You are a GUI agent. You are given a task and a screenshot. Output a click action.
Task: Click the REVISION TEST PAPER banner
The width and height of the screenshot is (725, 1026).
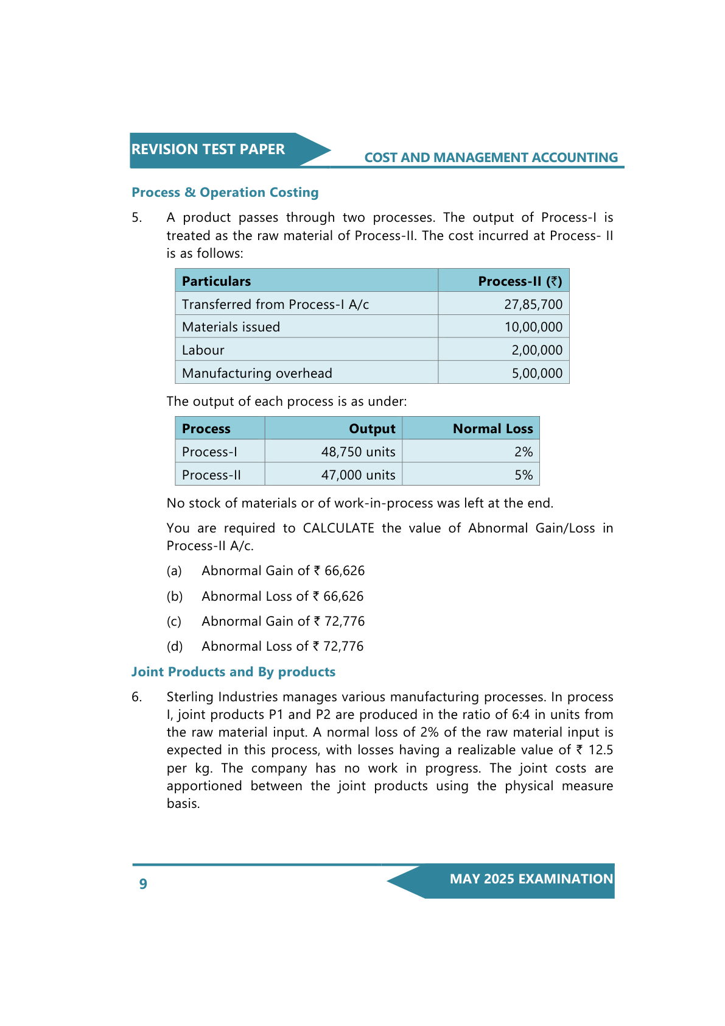coord(208,149)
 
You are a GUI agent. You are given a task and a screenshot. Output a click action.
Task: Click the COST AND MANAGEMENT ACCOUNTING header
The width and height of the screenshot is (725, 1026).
coord(491,158)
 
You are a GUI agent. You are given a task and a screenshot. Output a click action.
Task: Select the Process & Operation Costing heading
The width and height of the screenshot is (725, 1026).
coord(225,193)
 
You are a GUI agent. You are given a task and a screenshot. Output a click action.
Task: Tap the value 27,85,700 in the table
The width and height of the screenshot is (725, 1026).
coord(533,304)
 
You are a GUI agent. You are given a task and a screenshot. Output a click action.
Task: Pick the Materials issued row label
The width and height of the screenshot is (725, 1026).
coord(231,327)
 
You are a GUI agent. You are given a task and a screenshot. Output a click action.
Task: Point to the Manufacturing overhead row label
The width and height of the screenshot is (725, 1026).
coord(257,373)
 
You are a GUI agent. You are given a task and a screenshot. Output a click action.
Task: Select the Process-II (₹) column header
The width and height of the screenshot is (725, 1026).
coord(520,281)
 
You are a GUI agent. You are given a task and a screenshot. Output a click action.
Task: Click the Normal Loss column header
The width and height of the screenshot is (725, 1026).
coord(492,429)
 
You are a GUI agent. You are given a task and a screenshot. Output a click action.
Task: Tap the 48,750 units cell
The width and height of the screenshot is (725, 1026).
coord(358,452)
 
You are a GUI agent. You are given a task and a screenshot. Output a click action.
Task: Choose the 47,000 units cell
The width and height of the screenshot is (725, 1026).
coord(358,475)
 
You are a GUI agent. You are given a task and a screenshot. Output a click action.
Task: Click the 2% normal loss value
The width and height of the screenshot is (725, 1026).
coord(523,452)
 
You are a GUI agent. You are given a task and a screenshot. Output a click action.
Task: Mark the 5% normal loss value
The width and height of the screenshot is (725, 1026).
coord(523,475)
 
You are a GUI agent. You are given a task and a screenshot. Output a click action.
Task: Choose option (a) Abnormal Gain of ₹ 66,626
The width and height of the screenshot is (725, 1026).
coord(282,571)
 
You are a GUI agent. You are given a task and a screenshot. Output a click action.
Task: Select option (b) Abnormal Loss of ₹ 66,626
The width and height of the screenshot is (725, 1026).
coord(282,596)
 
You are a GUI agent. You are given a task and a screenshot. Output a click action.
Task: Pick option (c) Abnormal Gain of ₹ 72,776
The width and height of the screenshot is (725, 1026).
coord(282,621)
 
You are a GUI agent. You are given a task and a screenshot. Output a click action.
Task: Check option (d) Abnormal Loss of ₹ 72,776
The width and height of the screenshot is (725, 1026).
coord(282,646)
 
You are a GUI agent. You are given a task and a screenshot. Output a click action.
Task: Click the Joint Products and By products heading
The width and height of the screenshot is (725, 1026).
coord(233,672)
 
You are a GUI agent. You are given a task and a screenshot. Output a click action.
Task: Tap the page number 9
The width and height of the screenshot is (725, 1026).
coord(143,884)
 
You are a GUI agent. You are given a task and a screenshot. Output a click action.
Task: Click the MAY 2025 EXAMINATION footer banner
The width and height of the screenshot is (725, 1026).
coord(531,879)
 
